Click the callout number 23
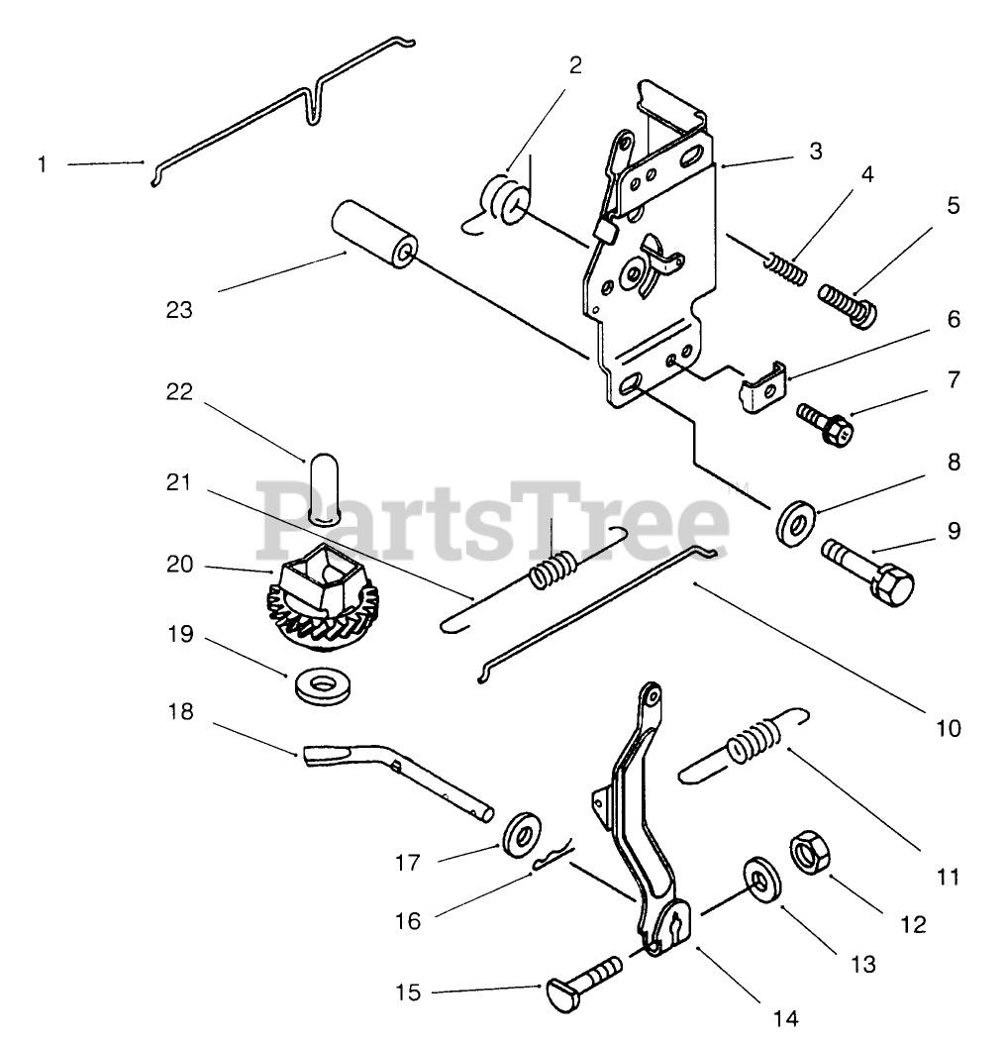click(179, 310)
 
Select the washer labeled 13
click(759, 879)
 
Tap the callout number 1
click(43, 163)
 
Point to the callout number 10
click(949, 728)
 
